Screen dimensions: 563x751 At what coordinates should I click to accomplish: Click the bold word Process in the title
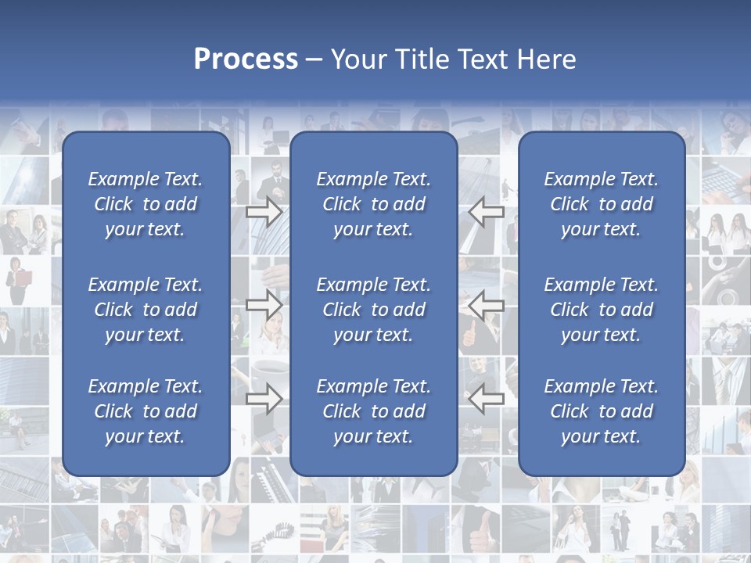[x=246, y=59]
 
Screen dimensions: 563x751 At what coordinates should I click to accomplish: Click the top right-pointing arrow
[x=264, y=211]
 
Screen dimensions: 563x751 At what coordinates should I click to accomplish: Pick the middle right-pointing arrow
[x=264, y=304]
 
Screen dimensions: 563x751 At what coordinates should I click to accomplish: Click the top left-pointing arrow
[x=487, y=211]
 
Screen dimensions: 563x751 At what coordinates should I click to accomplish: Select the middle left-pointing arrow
[x=487, y=304]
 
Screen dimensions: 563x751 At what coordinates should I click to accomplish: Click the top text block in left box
[x=146, y=204]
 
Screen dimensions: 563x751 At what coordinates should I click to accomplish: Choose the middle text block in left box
[x=146, y=310]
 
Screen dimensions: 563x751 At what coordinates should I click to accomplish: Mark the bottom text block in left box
[x=146, y=411]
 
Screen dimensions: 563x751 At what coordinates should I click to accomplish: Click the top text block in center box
[x=373, y=204]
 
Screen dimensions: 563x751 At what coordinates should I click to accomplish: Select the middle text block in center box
[x=373, y=310]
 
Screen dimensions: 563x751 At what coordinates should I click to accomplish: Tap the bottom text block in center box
[x=373, y=411]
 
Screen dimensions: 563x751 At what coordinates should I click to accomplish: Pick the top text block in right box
[x=602, y=204]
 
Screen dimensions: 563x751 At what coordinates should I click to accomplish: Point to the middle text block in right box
[x=602, y=310]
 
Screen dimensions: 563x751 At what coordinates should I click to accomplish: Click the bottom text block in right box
[x=602, y=411]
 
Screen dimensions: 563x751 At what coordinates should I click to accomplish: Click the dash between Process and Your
[x=314, y=60]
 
